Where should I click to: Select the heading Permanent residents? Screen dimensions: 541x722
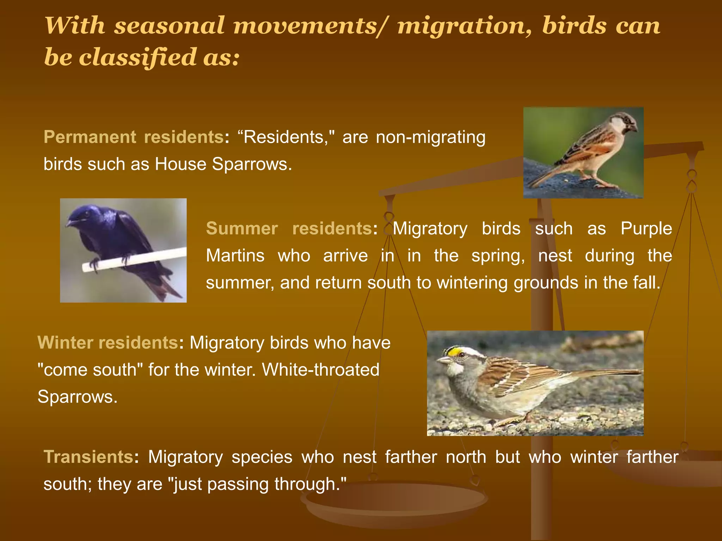tap(133, 137)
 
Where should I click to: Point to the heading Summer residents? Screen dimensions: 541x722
tap(289, 229)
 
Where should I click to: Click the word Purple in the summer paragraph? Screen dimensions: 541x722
tap(646, 229)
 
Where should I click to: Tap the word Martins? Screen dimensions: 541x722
tap(235, 256)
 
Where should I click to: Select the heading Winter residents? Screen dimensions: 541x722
tap(108, 343)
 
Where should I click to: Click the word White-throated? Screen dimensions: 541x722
tap(320, 370)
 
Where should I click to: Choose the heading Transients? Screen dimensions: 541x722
tap(88, 457)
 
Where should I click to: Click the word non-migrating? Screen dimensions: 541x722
tap(430, 137)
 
